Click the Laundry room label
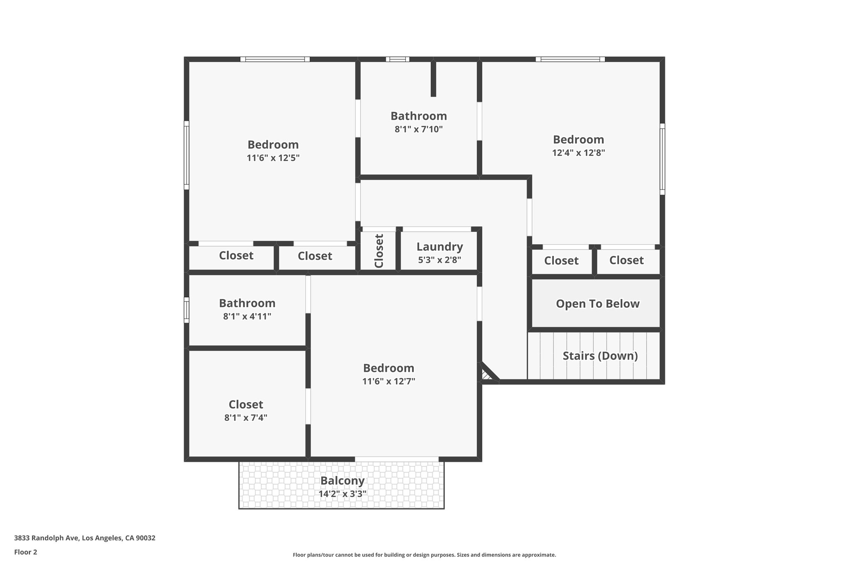coord(439,247)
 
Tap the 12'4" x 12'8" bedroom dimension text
coord(578,153)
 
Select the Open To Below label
coord(597,304)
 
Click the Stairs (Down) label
coord(600,356)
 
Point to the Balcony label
coord(342,481)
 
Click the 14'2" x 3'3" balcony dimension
coord(342,494)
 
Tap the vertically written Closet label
coord(379,251)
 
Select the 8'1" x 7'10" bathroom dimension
coord(419,129)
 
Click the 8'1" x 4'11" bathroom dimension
coord(247,316)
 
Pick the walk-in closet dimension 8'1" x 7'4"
coord(246,418)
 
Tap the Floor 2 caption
coord(26,552)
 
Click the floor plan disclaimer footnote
coord(424,555)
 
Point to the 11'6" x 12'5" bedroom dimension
coord(273,158)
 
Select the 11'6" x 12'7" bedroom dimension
coord(388,381)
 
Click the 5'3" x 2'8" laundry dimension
coord(439,260)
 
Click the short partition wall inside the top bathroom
coord(433,79)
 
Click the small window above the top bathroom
coord(398,59)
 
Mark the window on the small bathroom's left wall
coord(187,310)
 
